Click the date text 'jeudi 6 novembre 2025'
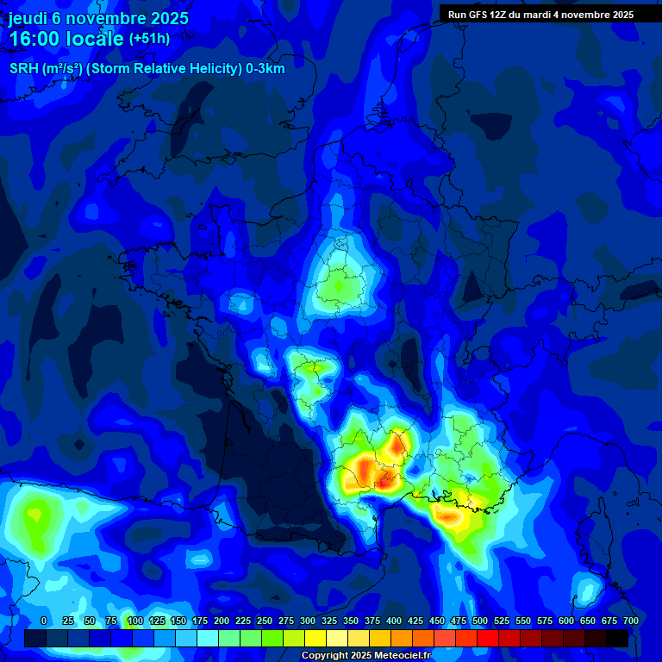click(x=98, y=18)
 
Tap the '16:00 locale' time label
click(x=66, y=38)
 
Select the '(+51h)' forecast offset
click(x=149, y=38)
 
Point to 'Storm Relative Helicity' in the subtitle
click(x=165, y=69)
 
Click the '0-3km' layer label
click(x=265, y=69)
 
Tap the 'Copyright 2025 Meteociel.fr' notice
click(x=365, y=656)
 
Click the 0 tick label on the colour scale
click(x=43, y=621)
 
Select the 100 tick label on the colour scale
click(x=134, y=621)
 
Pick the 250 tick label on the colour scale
click(x=264, y=621)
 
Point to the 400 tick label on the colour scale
click(x=394, y=621)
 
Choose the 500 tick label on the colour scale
click(x=480, y=621)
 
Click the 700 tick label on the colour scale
click(x=630, y=621)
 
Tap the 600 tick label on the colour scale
click(x=566, y=621)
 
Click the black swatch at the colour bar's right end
click(x=617, y=639)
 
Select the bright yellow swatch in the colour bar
click(x=315, y=639)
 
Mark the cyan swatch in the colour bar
click(x=208, y=639)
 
